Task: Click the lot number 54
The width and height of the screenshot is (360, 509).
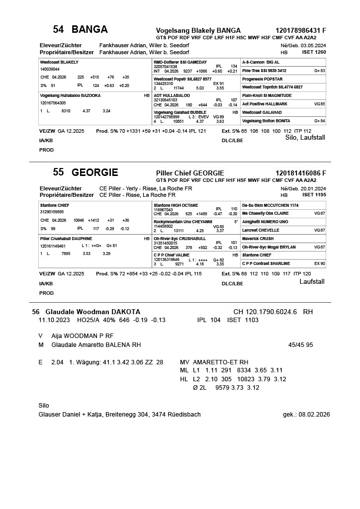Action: [x=58, y=29]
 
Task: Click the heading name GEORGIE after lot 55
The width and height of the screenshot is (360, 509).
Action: [x=94, y=172]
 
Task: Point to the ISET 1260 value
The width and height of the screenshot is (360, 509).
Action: [x=314, y=52]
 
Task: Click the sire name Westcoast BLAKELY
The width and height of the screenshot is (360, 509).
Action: [x=59, y=62]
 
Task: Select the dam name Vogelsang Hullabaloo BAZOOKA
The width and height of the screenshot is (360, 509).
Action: [x=70, y=95]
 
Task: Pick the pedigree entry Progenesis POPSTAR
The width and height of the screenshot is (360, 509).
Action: [x=262, y=79]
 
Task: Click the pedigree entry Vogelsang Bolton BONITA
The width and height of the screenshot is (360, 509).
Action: [x=266, y=121]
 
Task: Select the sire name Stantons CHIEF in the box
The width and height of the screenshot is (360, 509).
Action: [x=55, y=205]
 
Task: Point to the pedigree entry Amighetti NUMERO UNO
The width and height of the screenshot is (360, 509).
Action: [x=265, y=222]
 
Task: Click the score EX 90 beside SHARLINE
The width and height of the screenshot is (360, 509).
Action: [x=319, y=263]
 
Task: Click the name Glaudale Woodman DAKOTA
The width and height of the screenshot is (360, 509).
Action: [x=92, y=312]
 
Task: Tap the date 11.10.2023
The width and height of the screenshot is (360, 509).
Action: [x=55, y=320]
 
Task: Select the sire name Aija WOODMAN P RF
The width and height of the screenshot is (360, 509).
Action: [x=82, y=336]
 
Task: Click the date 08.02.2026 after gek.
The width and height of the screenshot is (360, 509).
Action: [x=315, y=415]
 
